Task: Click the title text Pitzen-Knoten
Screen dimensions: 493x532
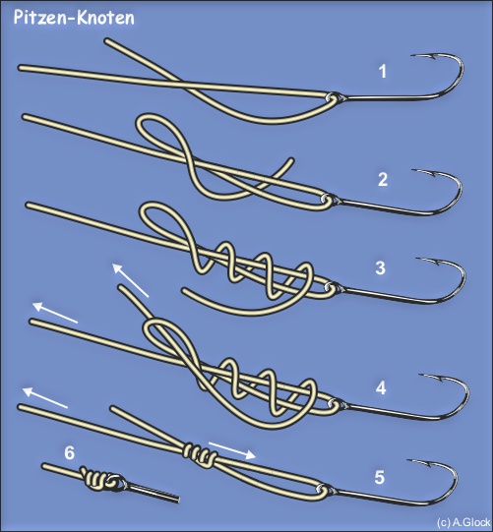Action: click(x=74, y=18)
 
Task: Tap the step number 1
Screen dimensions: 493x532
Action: click(x=383, y=72)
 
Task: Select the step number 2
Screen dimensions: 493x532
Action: click(x=383, y=179)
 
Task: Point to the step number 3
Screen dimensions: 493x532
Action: click(x=380, y=267)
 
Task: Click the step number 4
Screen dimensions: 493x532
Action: click(x=381, y=387)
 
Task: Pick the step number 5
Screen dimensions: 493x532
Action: click(x=379, y=477)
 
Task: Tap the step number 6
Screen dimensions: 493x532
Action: click(x=69, y=453)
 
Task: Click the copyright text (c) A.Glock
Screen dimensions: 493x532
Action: click(x=463, y=522)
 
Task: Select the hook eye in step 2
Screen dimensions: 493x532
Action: click(x=326, y=198)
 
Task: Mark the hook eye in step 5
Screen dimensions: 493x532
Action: click(x=322, y=490)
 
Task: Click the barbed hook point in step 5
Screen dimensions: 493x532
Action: click(x=419, y=462)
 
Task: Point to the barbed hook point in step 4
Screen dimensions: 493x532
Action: click(x=431, y=377)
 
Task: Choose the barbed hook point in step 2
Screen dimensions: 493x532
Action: click(x=424, y=172)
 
